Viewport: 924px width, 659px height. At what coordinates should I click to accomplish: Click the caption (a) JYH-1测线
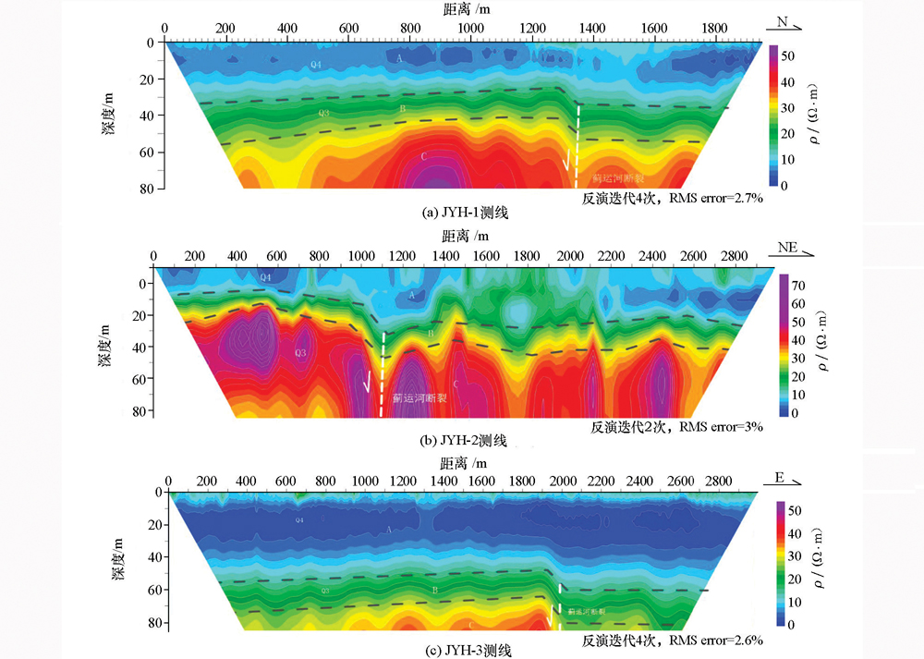click(x=466, y=213)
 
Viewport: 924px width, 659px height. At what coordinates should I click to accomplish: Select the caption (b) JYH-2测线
click(x=464, y=441)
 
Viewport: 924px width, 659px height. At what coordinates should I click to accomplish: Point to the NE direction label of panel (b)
click(x=789, y=248)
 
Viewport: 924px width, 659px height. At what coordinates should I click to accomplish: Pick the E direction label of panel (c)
click(x=779, y=479)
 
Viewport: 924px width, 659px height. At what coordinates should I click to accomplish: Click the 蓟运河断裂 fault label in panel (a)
click(x=619, y=177)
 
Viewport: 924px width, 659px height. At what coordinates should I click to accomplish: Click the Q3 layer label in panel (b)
click(x=299, y=353)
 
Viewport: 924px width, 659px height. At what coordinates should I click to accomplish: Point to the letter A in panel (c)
click(x=389, y=530)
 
